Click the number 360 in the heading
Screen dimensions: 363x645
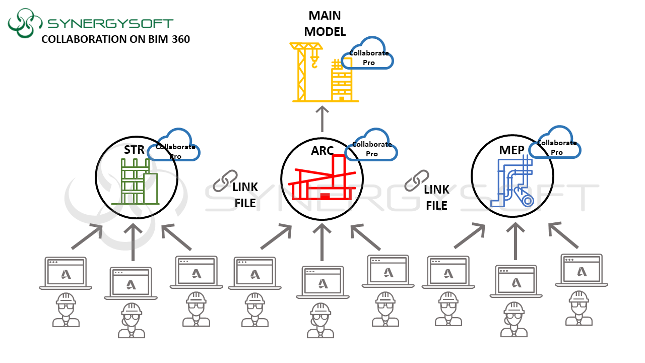(179, 39)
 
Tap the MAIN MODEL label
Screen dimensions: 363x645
(325, 24)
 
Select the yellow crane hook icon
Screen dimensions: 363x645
(314, 62)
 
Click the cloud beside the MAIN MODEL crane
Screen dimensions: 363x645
(367, 54)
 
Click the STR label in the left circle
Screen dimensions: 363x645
(134, 150)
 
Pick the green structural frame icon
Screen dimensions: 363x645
(135, 181)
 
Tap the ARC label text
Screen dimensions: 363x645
(322, 150)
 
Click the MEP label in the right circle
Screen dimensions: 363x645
(512, 150)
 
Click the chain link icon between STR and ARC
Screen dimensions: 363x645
(225, 180)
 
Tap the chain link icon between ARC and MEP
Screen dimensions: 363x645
(417, 180)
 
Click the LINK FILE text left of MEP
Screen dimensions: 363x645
(436, 197)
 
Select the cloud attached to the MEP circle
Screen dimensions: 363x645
(557, 144)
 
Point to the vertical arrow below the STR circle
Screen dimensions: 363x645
(133, 241)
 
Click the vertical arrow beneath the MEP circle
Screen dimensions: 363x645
(515, 241)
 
